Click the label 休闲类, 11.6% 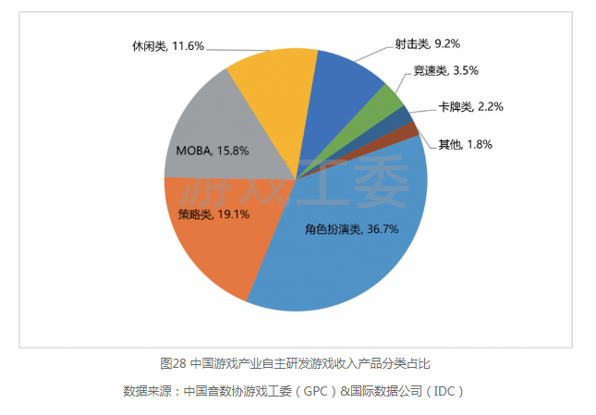click(166, 44)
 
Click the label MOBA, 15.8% click(212, 150)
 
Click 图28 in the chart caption click(175, 363)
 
